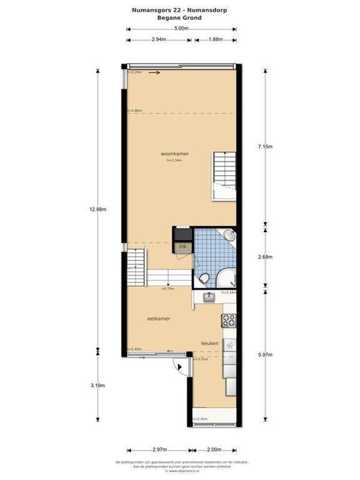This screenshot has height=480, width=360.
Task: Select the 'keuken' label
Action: pyautogui.click(x=209, y=344)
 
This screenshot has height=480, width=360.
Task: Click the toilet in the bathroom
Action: pyautogui.click(x=204, y=278)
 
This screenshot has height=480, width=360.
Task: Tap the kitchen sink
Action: pyautogui.click(x=208, y=297)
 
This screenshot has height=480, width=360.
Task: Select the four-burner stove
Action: pyautogui.click(x=228, y=321)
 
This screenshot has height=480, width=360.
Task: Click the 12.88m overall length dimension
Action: pyautogui.click(x=98, y=209)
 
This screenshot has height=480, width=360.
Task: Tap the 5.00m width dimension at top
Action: pyautogui.click(x=179, y=29)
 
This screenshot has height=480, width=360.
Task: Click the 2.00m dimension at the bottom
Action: pyautogui.click(x=213, y=449)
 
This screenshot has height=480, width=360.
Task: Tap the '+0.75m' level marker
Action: pyautogui.click(x=167, y=289)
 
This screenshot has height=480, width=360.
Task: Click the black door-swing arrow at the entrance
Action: pyautogui.click(x=177, y=367)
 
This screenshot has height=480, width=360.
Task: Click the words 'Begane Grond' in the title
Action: pyautogui.click(x=180, y=18)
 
